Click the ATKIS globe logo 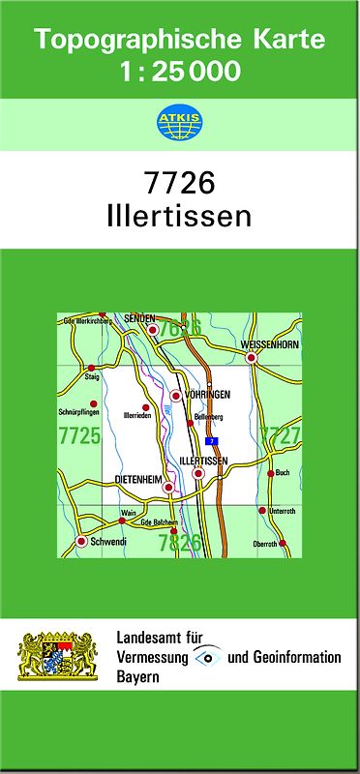179,122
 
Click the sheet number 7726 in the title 179,184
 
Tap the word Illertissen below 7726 179,215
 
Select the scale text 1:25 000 180,72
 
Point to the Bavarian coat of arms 59,655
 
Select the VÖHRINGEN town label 206,395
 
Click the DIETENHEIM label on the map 139,477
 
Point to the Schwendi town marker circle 81,542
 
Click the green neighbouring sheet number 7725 79,436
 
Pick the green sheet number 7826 180,542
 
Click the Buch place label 283,472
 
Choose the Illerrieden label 137,416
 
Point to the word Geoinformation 297,657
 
